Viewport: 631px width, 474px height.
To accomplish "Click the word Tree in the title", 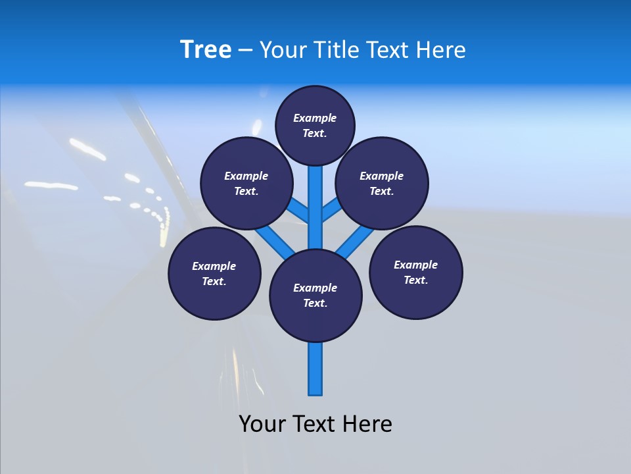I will coord(206,50).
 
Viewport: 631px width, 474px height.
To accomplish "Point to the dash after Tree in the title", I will coord(245,51).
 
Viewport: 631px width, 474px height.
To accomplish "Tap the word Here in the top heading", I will coord(440,50).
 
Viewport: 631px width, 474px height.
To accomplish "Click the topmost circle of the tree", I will coord(315,125).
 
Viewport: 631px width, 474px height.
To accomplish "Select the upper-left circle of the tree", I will coord(246,183).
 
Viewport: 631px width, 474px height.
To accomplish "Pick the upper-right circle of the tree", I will coord(382,183).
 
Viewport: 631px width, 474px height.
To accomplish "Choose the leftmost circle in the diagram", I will coord(214,273).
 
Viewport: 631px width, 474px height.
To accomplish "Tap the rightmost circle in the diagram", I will coord(416,272).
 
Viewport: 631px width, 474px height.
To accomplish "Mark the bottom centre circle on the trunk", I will coord(315,295).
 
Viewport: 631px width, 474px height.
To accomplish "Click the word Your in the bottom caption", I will coord(262,424).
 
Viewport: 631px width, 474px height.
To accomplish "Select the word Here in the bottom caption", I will coord(369,424).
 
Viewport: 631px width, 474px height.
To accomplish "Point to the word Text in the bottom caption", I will coord(316,424).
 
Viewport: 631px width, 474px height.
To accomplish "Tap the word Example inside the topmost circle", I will coord(315,118).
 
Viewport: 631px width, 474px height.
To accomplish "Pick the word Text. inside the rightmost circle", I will coord(416,280).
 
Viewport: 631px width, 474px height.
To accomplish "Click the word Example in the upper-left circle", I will coord(246,176).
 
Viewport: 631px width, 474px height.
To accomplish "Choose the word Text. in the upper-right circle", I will coord(382,191).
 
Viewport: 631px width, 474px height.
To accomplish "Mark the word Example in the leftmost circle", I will coord(214,266).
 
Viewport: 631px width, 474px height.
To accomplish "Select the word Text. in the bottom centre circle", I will coord(315,303).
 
